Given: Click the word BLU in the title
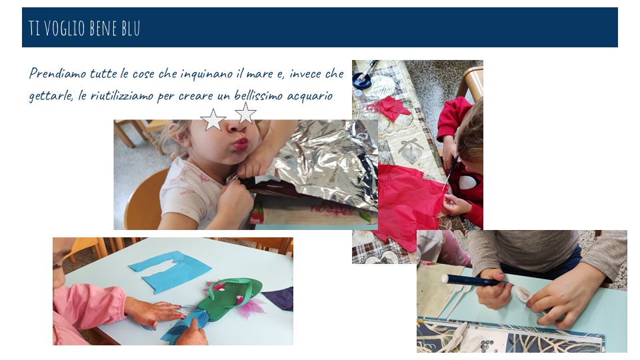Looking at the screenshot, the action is point(131,28).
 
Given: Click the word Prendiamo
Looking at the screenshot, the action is point(57,73).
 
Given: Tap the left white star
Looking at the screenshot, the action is point(213,120).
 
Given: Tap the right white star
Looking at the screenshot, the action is point(245,113).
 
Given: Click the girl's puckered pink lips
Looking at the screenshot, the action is point(241,144).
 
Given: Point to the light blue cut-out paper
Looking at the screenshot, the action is point(170,271).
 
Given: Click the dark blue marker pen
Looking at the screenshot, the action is point(474,280).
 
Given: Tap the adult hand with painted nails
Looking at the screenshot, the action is point(152,311).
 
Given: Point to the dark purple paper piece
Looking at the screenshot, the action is point(279,298).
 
